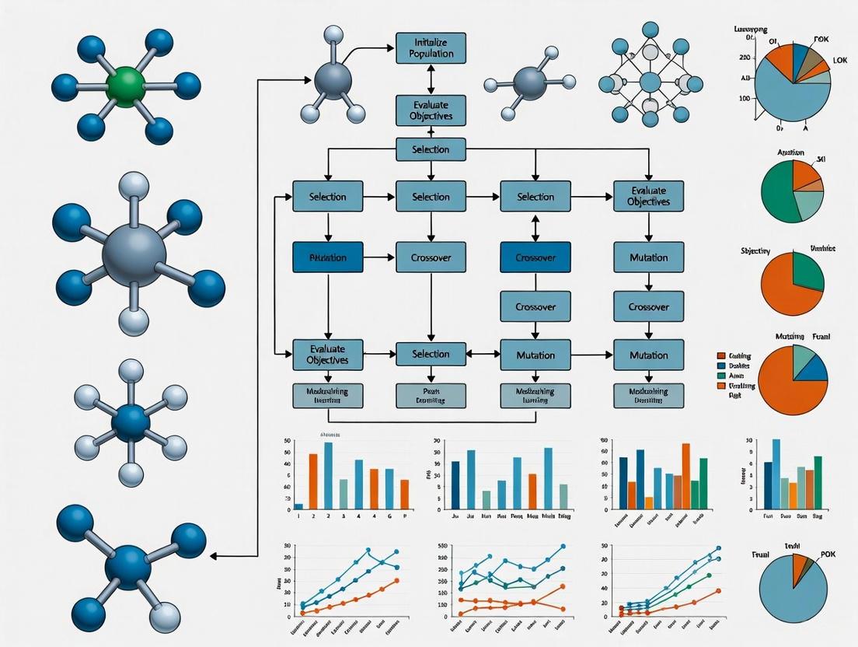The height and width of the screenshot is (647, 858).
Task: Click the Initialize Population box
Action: (430, 48)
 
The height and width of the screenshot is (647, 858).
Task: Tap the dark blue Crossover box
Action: (535, 257)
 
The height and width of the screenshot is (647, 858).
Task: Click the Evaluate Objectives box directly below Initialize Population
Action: (430, 110)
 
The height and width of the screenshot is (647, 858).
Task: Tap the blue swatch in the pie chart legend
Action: (720, 365)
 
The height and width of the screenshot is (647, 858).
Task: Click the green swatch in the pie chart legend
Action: (720, 375)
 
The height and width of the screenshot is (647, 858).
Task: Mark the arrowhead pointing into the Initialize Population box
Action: (392, 48)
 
